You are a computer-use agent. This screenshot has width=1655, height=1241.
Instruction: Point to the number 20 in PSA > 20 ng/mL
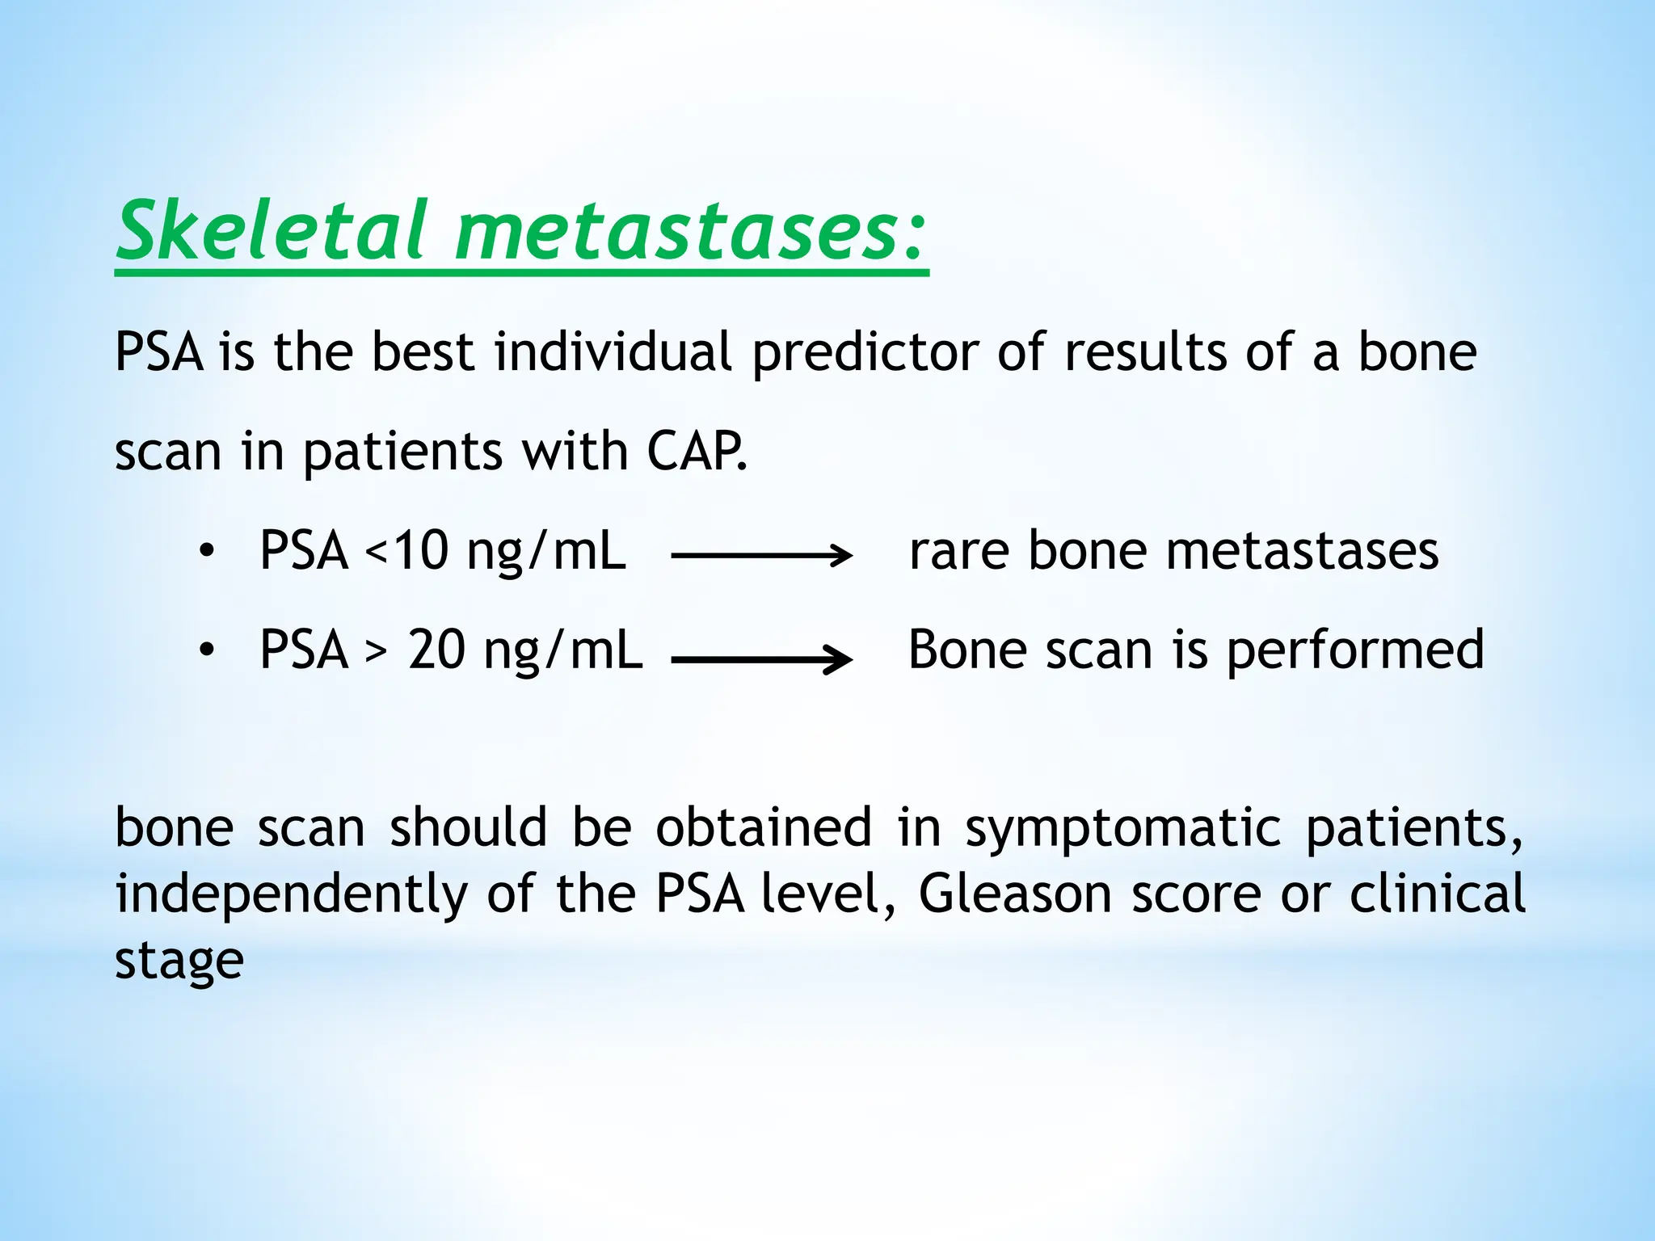(x=436, y=650)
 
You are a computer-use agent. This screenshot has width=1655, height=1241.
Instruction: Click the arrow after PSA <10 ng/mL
(x=761, y=555)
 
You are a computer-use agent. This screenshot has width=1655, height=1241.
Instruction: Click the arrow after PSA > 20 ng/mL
(x=761, y=659)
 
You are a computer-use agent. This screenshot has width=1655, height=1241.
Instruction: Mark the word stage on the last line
(x=179, y=961)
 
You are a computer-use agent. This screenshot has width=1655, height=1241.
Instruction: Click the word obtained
(x=763, y=827)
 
